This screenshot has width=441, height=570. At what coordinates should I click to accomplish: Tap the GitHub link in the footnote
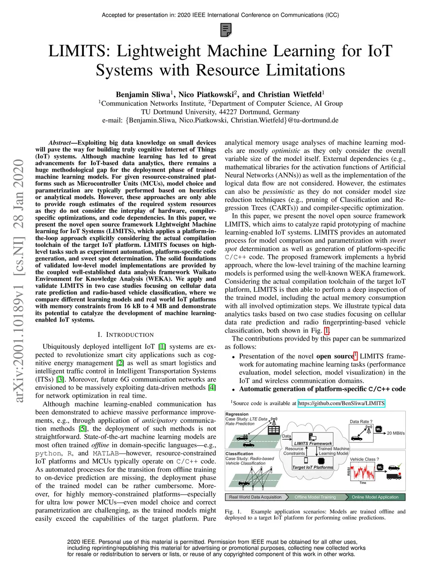(341, 404)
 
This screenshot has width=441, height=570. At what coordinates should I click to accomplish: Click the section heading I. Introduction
(125, 335)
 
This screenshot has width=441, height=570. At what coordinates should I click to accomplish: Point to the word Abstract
(59, 143)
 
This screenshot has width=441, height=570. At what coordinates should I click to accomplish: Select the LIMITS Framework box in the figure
(313, 443)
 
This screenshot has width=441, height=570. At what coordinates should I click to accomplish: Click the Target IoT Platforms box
(312, 467)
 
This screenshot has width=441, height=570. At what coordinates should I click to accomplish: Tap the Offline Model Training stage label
(315, 497)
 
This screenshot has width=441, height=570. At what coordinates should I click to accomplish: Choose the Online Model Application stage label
(375, 497)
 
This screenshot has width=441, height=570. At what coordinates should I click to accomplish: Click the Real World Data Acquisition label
(255, 497)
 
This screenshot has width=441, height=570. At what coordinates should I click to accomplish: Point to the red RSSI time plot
(363, 472)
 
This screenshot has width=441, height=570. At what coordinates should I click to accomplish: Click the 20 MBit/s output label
(395, 433)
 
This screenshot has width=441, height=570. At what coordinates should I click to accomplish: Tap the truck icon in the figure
(394, 476)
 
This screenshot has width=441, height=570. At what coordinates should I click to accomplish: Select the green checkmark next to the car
(400, 465)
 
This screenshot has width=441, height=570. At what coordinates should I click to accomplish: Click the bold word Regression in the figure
(237, 414)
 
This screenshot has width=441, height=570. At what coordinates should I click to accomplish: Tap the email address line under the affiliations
(220, 120)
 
